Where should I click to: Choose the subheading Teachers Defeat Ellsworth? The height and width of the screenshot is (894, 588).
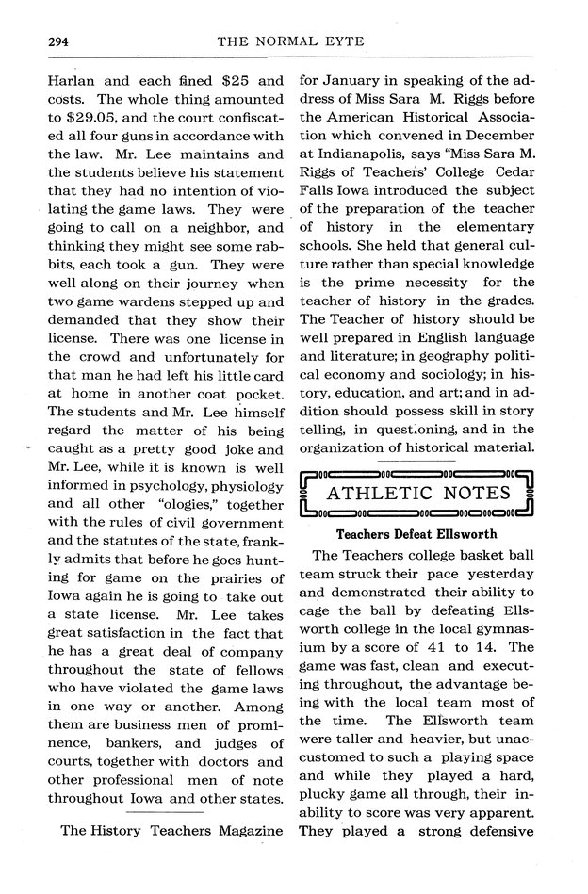coord(416,534)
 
